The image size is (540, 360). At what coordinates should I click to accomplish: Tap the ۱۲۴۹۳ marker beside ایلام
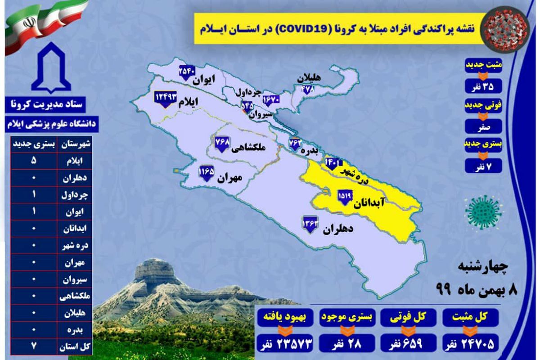click(x=166, y=98)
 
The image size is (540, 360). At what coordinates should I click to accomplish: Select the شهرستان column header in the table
click(x=78, y=144)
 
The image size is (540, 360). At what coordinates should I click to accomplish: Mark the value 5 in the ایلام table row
click(x=34, y=161)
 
